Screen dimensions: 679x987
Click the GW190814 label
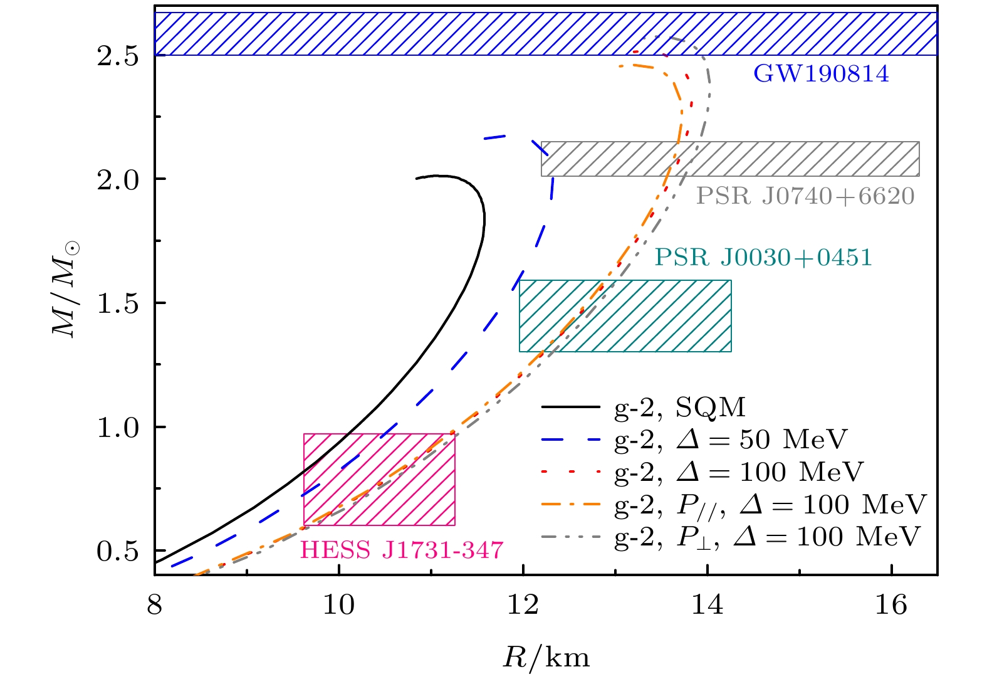pyautogui.click(x=821, y=74)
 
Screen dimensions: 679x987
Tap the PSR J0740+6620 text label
pyautogui.click(x=805, y=196)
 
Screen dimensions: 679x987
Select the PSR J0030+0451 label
pyautogui.click(x=763, y=257)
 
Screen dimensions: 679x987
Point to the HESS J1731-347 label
pyautogui.click(x=402, y=550)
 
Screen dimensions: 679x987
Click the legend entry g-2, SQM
pyautogui.click(x=680, y=408)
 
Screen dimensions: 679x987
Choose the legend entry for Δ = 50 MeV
pyautogui.click(x=731, y=440)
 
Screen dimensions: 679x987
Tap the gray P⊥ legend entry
pyautogui.click(x=768, y=537)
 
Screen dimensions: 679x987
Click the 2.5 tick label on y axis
pyautogui.click(x=117, y=56)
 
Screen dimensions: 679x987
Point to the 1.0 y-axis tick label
pyautogui.click(x=117, y=428)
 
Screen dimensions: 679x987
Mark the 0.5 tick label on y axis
pyautogui.click(x=117, y=551)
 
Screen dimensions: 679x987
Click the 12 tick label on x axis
pyautogui.click(x=523, y=605)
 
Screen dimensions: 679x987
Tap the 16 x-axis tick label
pyautogui.click(x=891, y=605)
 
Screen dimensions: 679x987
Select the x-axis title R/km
pyautogui.click(x=546, y=658)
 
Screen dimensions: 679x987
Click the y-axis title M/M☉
pyautogui.click(x=66, y=289)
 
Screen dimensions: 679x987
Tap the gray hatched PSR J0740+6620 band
pyautogui.click(x=783, y=159)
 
